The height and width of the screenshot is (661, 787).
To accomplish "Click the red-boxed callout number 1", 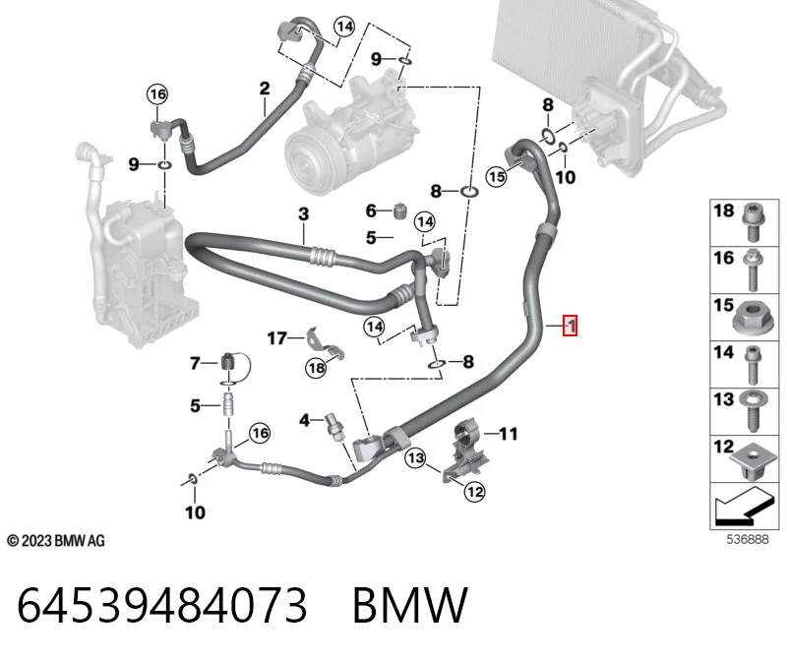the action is (x=571, y=326).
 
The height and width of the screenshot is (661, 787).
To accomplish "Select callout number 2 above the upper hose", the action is (x=265, y=89).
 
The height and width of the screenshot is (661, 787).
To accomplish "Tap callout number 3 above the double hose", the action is (x=303, y=214).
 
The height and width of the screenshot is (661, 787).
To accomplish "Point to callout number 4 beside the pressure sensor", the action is (x=304, y=420).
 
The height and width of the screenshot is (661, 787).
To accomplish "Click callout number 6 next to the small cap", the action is (x=371, y=210).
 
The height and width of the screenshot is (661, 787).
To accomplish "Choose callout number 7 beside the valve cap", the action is (x=195, y=363).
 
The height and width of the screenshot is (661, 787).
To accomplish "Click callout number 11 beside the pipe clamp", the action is (x=508, y=433).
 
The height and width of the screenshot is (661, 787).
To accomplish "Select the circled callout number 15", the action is (x=497, y=177).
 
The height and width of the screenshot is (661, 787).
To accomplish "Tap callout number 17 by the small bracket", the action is (x=276, y=338).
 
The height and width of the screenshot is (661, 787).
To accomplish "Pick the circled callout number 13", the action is (x=415, y=457).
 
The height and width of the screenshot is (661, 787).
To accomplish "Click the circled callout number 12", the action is (x=474, y=492).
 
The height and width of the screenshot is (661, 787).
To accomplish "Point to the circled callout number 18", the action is (x=316, y=369).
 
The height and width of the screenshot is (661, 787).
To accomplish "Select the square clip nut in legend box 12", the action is (x=751, y=460).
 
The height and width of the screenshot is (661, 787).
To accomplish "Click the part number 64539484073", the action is (x=161, y=605).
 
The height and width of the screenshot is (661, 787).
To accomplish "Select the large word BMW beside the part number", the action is (x=410, y=605).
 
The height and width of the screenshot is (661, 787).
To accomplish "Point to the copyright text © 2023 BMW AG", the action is (x=56, y=541).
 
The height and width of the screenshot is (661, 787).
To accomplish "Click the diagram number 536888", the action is (x=748, y=539).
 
